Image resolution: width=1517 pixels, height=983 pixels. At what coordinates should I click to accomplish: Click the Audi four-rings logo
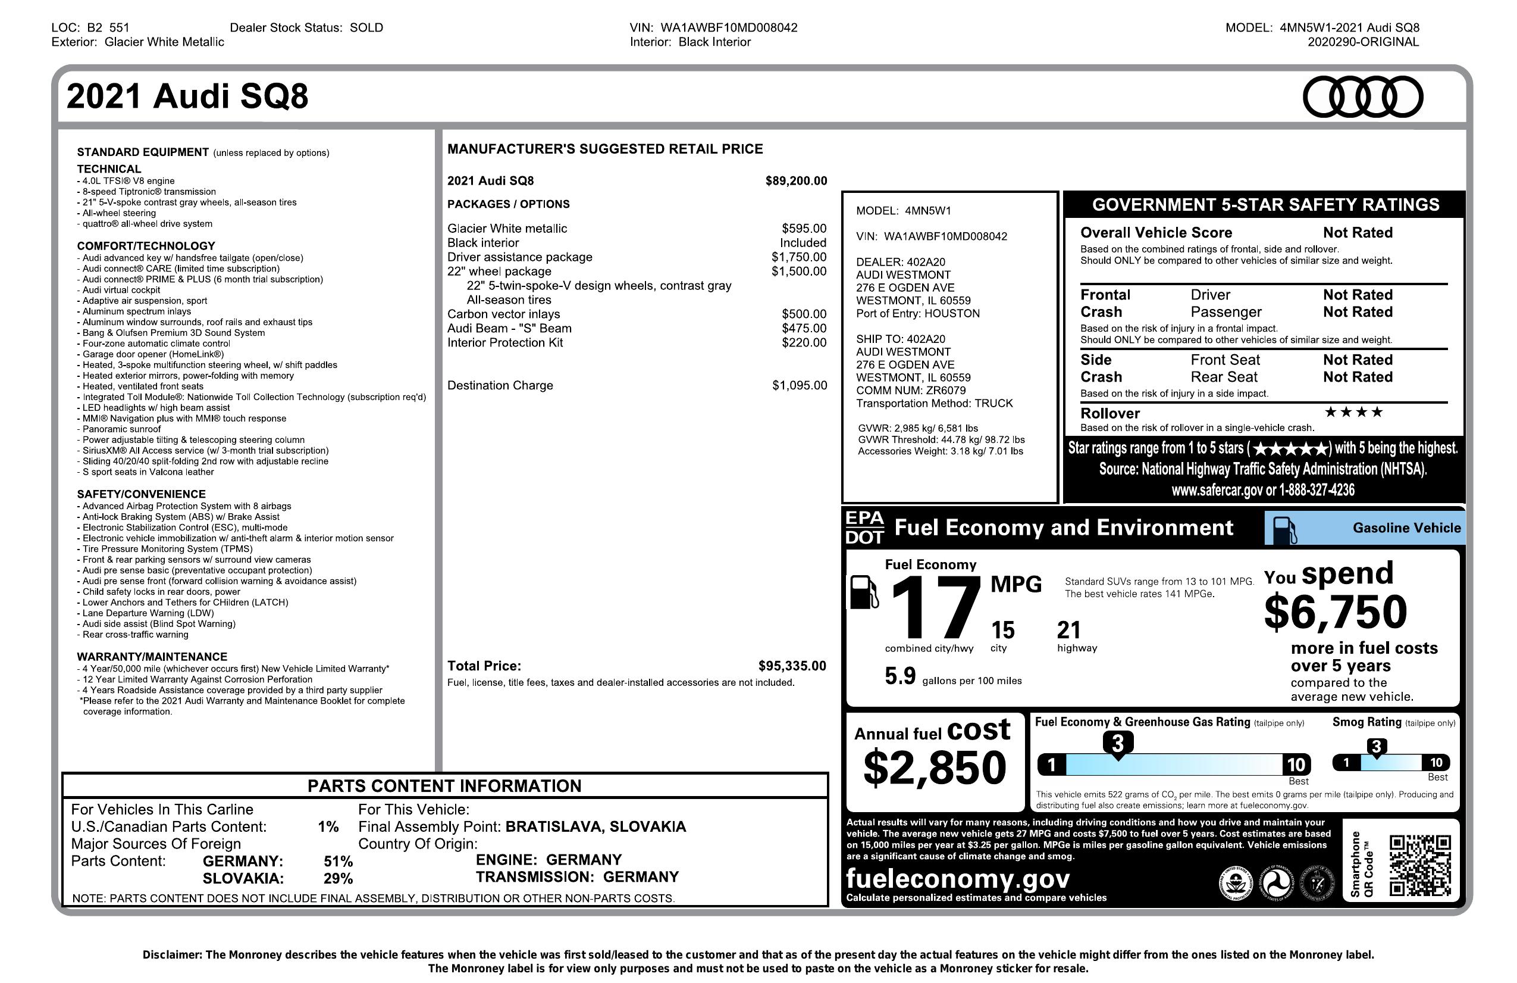click(1362, 97)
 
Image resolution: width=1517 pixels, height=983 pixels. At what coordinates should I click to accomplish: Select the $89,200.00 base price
click(795, 181)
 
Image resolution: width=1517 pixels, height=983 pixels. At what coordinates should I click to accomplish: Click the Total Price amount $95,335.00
click(792, 666)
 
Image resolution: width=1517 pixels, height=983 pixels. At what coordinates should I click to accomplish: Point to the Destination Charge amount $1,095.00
click(800, 385)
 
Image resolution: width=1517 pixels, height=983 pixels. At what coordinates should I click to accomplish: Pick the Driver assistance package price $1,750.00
click(798, 257)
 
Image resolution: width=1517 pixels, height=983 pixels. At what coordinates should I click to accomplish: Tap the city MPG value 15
click(1002, 631)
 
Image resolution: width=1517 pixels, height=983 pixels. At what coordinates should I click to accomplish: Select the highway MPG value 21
click(1069, 631)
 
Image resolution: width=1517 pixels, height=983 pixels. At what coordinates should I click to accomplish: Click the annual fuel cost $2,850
click(934, 767)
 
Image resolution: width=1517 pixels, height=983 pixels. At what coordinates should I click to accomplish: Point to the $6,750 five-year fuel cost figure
click(1336, 611)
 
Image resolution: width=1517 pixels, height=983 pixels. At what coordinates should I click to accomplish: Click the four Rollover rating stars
click(1353, 412)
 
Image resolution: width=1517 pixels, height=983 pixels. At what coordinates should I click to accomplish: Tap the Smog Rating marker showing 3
click(1376, 747)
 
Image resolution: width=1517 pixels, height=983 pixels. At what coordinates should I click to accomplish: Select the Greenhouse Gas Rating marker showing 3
click(1117, 744)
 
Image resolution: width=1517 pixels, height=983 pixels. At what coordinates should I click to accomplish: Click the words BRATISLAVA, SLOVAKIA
click(595, 827)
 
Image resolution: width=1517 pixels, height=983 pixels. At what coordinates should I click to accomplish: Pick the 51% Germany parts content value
click(338, 861)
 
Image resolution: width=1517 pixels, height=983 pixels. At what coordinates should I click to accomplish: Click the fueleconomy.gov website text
click(957, 878)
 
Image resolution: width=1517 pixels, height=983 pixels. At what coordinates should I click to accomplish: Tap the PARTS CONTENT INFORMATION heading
click(444, 786)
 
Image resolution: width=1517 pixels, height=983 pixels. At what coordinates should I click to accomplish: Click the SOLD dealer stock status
click(366, 27)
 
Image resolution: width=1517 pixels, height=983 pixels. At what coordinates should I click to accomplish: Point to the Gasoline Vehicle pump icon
click(1284, 529)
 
